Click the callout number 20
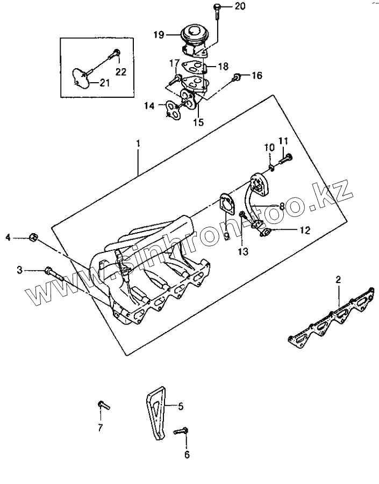click(240, 6)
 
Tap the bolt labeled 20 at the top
click(216, 10)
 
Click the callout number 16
click(256, 76)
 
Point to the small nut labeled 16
click(236, 79)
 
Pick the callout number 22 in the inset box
click(121, 72)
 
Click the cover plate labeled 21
click(81, 78)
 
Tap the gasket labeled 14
click(173, 110)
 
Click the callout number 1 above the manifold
click(138, 143)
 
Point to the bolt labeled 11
click(285, 158)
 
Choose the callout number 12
click(305, 230)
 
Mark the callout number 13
click(244, 250)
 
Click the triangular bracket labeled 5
click(155, 414)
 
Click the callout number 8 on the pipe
click(282, 206)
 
